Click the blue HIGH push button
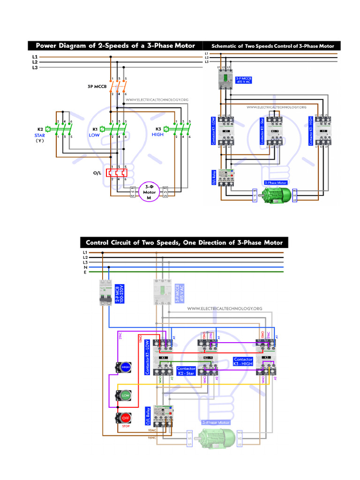[x=125, y=368]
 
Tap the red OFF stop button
[x=125, y=417]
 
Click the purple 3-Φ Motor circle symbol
[x=149, y=191]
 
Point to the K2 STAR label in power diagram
[x=40, y=135]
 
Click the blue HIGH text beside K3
[x=158, y=135]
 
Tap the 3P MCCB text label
[x=97, y=87]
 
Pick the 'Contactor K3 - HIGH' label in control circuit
[x=243, y=362]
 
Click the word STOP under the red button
[x=125, y=427]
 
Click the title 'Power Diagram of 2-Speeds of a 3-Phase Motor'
[x=115, y=45]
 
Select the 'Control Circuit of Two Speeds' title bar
[x=184, y=242]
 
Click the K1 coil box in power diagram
[x=102, y=128]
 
